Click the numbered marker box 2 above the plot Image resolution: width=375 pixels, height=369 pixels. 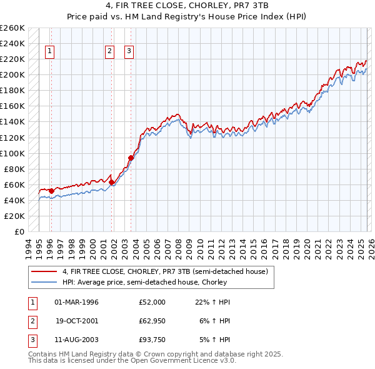pos(109,52)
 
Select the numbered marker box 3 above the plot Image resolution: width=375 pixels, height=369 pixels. pos(129,52)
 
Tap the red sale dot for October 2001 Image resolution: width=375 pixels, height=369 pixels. pos(112,182)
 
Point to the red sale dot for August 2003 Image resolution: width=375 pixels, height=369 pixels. pos(131,158)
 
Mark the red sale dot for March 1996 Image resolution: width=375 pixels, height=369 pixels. pos(51,190)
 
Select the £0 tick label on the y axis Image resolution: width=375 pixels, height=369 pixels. pos(19,231)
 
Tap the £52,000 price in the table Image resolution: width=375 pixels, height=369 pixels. pos(152,302)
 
